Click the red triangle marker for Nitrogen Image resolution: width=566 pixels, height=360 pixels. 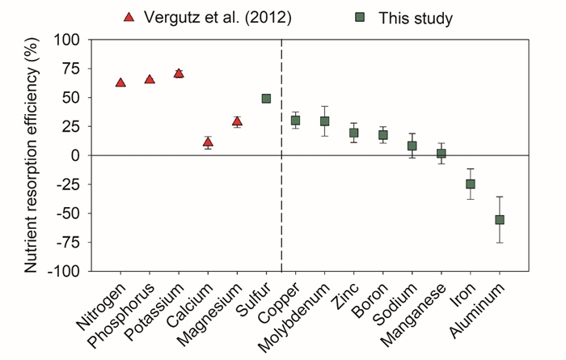[x=120, y=83]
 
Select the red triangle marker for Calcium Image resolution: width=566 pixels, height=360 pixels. [x=208, y=142]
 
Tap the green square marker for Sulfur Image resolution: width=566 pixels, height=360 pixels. [x=266, y=99]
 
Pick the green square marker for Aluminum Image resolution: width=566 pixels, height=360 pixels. [x=500, y=219]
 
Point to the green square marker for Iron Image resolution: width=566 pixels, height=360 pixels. [x=471, y=184]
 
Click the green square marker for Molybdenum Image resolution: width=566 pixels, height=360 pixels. [x=324, y=121]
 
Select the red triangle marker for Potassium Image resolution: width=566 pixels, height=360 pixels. [x=179, y=73]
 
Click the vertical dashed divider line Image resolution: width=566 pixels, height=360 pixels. [x=281, y=202]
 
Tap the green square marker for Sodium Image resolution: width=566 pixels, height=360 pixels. [x=412, y=146]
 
